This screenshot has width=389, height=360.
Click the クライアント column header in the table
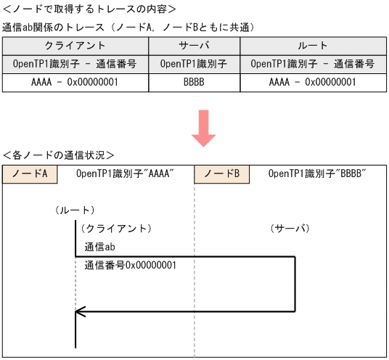(75, 45)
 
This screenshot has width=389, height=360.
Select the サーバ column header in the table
(194, 45)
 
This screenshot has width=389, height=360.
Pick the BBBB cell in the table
(194, 82)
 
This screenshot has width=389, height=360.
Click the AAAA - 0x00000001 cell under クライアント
(75, 82)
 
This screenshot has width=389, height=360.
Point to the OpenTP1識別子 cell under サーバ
(194, 63)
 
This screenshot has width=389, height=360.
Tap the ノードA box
(30, 174)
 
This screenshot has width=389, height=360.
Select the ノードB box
(221, 174)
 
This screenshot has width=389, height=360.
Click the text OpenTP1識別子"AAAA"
(125, 174)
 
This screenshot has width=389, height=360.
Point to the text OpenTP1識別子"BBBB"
(316, 174)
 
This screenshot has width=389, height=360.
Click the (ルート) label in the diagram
(74, 210)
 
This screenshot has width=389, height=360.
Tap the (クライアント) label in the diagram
(115, 228)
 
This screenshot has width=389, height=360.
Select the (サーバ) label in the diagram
(290, 228)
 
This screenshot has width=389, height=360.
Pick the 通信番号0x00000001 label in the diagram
(131, 265)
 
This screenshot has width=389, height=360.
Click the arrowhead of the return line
(81, 311)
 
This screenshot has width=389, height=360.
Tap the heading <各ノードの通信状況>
(59, 155)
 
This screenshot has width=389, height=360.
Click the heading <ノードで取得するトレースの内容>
(89, 9)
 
